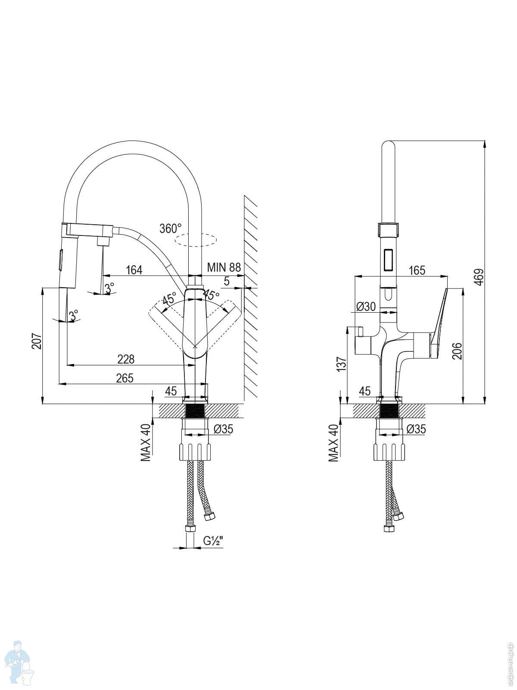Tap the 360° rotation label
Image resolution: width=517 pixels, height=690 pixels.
pos(171,229)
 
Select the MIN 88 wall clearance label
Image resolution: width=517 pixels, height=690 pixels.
pos(224,267)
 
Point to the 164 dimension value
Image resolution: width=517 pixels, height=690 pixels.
pos(134,270)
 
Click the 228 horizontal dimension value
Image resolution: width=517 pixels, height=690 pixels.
pos(126,359)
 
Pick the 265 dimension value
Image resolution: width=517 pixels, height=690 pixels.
pos(125,378)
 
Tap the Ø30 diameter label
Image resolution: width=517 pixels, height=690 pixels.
pos(366,307)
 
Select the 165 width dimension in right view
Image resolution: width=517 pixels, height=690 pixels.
pos(417,270)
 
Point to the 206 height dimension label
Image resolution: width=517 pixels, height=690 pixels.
pos(457,351)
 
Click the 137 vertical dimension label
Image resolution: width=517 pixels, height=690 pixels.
pos(341,364)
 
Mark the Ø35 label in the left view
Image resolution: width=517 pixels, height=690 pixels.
pos(223,429)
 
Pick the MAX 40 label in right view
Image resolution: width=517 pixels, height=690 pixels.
pos(333,443)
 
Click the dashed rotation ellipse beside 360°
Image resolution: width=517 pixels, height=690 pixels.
pos(195,240)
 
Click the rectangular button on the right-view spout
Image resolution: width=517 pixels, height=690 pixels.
pos(388,260)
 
